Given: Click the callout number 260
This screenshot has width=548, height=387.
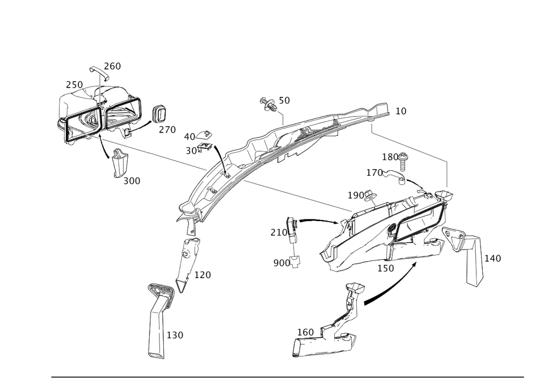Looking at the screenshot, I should click(x=113, y=66).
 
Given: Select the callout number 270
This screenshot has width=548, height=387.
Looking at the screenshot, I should click(x=167, y=130).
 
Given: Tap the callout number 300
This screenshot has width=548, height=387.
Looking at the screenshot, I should click(x=132, y=181).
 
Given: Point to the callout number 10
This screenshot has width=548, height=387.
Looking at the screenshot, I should click(x=402, y=111).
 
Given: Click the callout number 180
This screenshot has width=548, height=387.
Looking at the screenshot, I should click(x=390, y=157).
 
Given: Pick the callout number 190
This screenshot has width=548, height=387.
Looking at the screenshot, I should click(x=357, y=195).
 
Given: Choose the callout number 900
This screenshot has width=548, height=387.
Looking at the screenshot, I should click(x=282, y=263).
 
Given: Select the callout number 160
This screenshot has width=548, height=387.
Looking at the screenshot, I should click(x=305, y=331).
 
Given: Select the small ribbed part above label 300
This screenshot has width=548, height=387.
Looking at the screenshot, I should click(x=120, y=162).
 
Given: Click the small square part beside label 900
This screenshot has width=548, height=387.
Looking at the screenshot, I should click(x=296, y=263).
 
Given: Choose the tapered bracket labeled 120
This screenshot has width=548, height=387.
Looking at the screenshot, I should click(x=186, y=260).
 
